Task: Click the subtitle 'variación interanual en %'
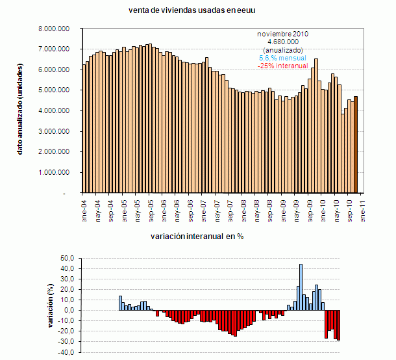point(197,237)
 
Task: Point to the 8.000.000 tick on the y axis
point(54,29)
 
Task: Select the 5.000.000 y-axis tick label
point(54,90)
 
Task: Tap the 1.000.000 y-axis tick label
point(54,173)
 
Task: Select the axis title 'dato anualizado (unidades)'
point(20,110)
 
